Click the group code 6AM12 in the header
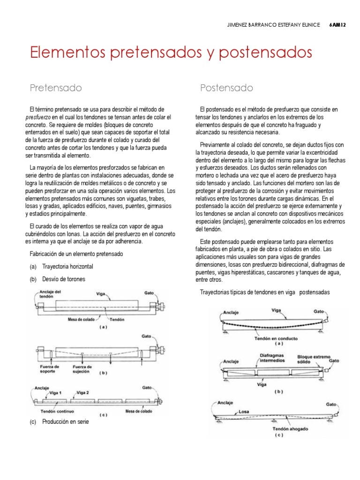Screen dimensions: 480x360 [337, 26]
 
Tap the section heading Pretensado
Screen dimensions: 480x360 [56, 87]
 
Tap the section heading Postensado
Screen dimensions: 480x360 [226, 87]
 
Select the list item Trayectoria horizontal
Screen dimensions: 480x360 [68, 266]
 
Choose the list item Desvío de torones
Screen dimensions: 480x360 [64, 279]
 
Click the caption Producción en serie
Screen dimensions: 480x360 [65, 421]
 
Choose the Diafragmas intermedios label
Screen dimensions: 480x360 [271, 358]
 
